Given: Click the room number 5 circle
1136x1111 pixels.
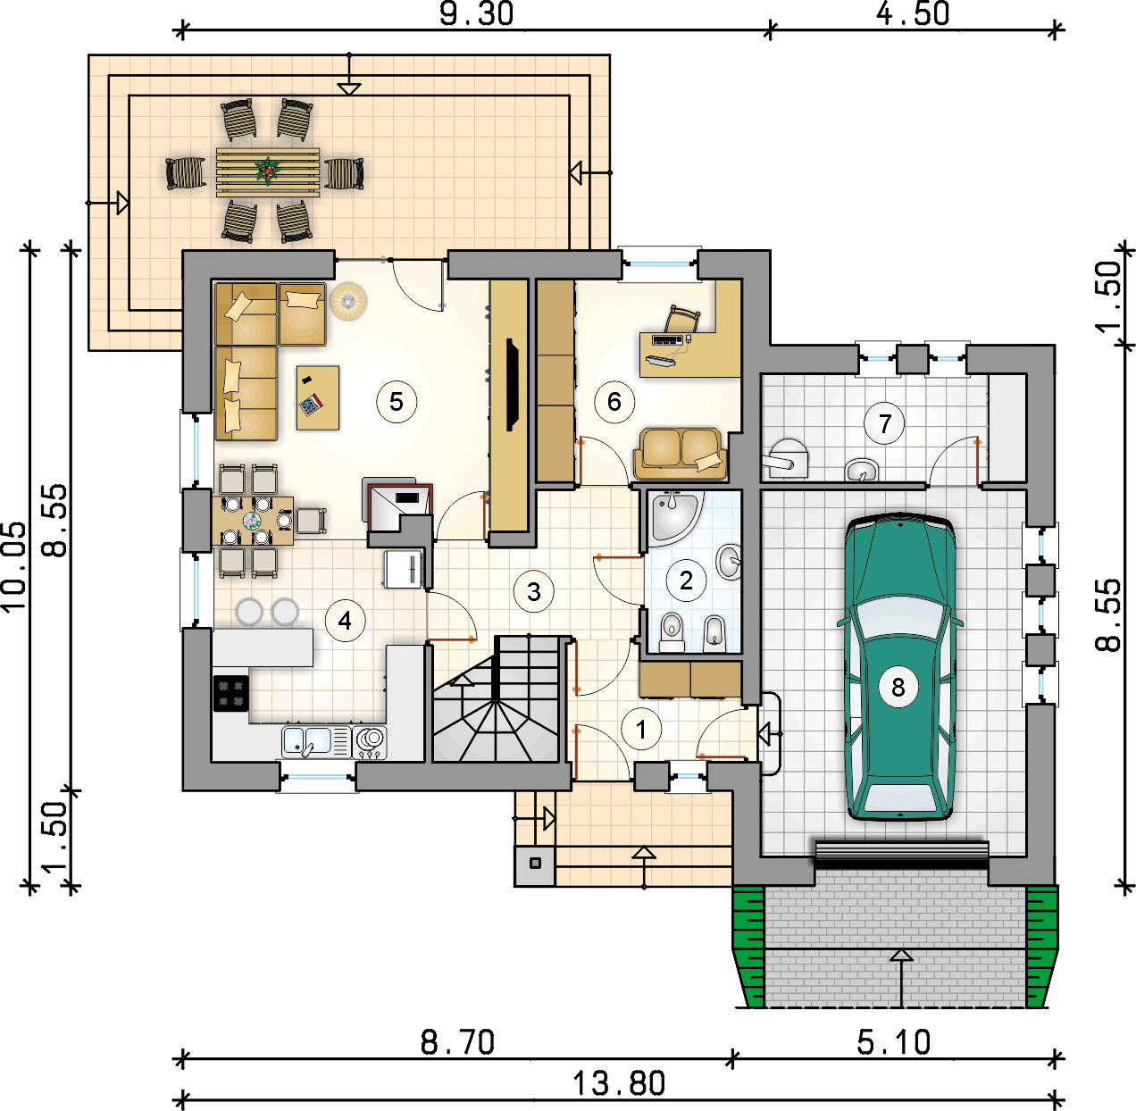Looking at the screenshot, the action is pyautogui.click(x=397, y=402).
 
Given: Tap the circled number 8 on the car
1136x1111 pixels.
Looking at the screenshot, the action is pyautogui.click(x=898, y=687).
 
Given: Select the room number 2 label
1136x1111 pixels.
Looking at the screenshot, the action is pyautogui.click(x=686, y=581).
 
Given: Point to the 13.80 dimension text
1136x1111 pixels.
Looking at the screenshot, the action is pyautogui.click(x=619, y=1084).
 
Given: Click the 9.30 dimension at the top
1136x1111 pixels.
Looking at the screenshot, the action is pyautogui.click(x=476, y=14).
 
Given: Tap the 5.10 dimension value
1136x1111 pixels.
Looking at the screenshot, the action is pyautogui.click(x=893, y=1043).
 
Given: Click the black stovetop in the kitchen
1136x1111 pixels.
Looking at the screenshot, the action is pyautogui.click(x=231, y=694).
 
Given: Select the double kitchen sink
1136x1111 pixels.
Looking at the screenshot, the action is pyautogui.click(x=306, y=741).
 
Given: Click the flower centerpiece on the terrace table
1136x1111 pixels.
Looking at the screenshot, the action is pyautogui.click(x=267, y=171).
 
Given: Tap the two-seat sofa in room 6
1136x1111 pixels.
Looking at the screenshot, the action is pyautogui.click(x=681, y=454).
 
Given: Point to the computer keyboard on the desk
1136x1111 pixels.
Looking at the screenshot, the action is pyautogui.click(x=667, y=339).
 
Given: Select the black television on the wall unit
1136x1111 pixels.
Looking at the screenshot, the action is pyautogui.click(x=512, y=385).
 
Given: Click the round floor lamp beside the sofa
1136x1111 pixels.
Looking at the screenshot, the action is pyautogui.click(x=348, y=301).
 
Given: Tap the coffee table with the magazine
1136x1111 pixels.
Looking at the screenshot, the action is pyautogui.click(x=318, y=397).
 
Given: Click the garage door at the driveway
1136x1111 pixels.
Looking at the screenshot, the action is pyautogui.click(x=901, y=854).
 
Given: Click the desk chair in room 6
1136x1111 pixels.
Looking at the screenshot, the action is pyautogui.click(x=681, y=320).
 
